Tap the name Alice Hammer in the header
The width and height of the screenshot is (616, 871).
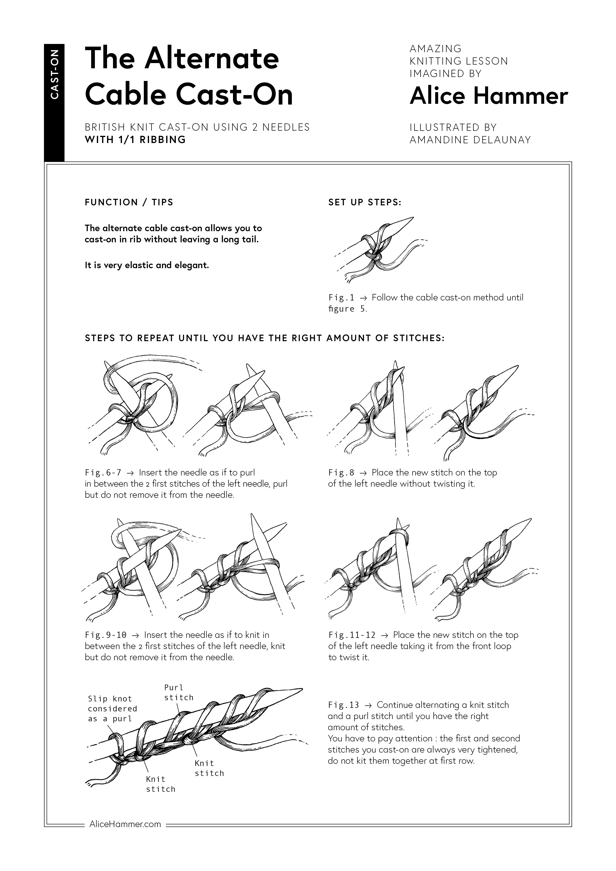489,96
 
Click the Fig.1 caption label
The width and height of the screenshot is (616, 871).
341,297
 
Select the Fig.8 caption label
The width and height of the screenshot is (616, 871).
341,473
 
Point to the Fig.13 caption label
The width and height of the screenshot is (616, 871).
344,705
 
